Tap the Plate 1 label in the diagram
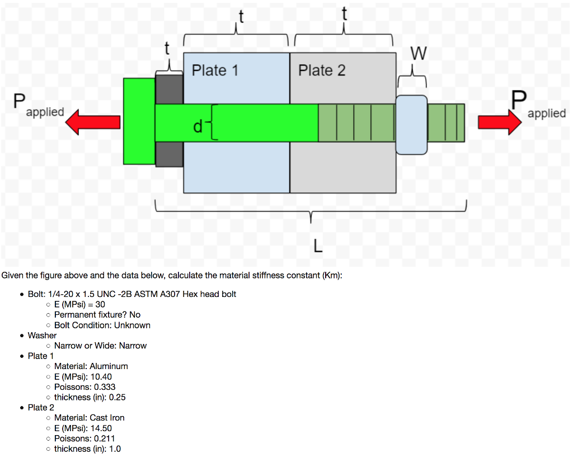[x=215, y=70]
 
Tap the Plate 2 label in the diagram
[x=322, y=70]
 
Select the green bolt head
[x=139, y=121]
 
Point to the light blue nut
[x=411, y=124]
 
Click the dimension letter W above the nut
[x=419, y=54]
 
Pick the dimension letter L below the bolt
[x=318, y=246]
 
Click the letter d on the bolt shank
[x=198, y=128]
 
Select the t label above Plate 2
[x=344, y=13]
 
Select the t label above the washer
[x=167, y=49]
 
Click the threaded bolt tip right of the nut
[x=446, y=123]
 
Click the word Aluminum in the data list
[x=109, y=366]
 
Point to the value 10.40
[x=101, y=376]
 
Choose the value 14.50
[x=101, y=428]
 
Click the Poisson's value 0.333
[x=104, y=387]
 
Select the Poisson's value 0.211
[x=104, y=438]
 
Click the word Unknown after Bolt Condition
[x=132, y=325]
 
